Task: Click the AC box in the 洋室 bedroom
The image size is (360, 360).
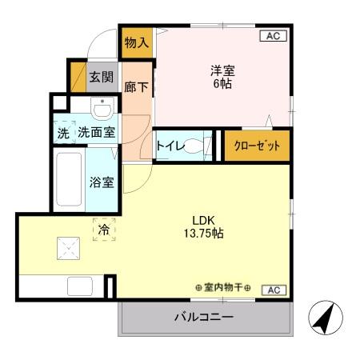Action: coord(272,35)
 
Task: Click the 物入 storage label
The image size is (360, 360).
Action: coord(137,42)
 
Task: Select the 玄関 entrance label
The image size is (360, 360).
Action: coord(101,78)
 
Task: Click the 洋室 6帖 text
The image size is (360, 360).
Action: coord(222,76)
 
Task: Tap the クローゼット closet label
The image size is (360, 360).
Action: coord(257,146)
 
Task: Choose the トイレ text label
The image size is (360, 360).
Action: coord(168,146)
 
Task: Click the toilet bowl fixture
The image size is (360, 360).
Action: coord(196,146)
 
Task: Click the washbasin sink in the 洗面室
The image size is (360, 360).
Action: coord(101,108)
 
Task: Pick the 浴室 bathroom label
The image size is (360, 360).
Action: coord(101,182)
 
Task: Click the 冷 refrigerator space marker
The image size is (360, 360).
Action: coord(103,230)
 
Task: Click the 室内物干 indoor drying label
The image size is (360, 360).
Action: coord(223,288)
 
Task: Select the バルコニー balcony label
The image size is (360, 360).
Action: coord(204,318)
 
